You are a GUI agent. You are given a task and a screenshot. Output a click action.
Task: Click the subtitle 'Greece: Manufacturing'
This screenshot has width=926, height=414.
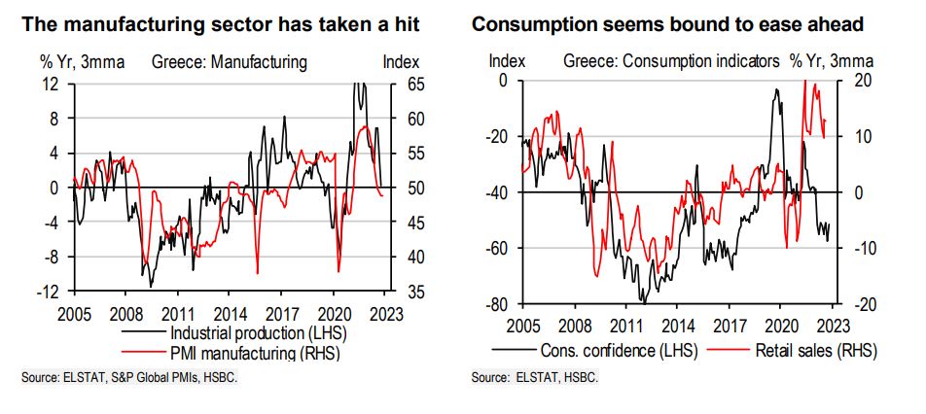click(230, 62)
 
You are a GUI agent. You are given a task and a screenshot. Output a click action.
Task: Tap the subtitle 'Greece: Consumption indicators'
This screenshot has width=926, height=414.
click(671, 60)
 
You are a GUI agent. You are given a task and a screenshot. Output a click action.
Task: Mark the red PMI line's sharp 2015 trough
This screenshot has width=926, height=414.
click(257, 273)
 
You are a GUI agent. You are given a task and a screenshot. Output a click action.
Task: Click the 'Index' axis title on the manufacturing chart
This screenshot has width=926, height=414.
click(402, 62)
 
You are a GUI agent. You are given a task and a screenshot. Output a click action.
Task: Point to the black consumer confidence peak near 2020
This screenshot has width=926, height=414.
click(778, 90)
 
